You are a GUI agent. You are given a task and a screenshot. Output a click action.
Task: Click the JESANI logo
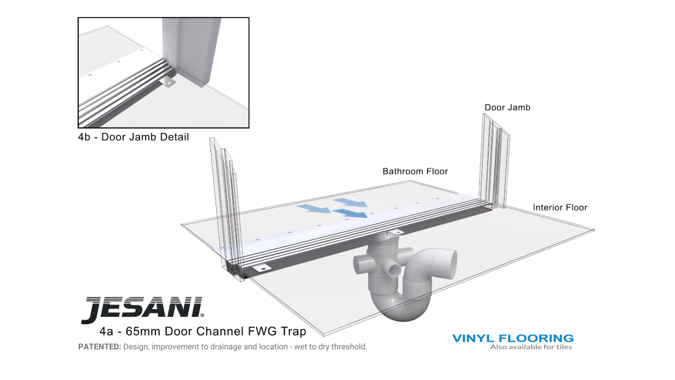tap(142, 310)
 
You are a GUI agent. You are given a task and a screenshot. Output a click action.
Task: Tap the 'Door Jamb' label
tap(507, 108)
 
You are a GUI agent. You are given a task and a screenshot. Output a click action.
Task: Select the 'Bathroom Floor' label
tap(415, 171)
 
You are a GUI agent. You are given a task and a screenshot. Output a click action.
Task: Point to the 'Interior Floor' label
tap(560, 208)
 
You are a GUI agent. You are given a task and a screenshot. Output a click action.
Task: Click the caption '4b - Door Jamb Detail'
tap(133, 137)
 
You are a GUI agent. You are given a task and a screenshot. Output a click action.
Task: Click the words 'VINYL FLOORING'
tap(513, 338)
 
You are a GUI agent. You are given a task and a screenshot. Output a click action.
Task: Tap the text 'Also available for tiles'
tap(531, 347)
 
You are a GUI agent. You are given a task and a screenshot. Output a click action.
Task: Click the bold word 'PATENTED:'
tap(100, 347)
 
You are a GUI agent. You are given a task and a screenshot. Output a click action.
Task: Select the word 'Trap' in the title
tap(294, 332)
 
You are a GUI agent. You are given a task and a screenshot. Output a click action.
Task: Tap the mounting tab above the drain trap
tap(395, 232)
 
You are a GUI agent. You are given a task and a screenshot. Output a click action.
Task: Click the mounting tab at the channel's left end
tap(262, 268)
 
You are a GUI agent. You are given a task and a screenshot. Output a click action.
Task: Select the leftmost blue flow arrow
tap(314, 208)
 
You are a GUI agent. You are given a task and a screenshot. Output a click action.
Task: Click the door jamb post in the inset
tap(191, 51)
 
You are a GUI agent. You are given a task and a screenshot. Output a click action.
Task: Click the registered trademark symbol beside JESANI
tap(202, 315)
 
